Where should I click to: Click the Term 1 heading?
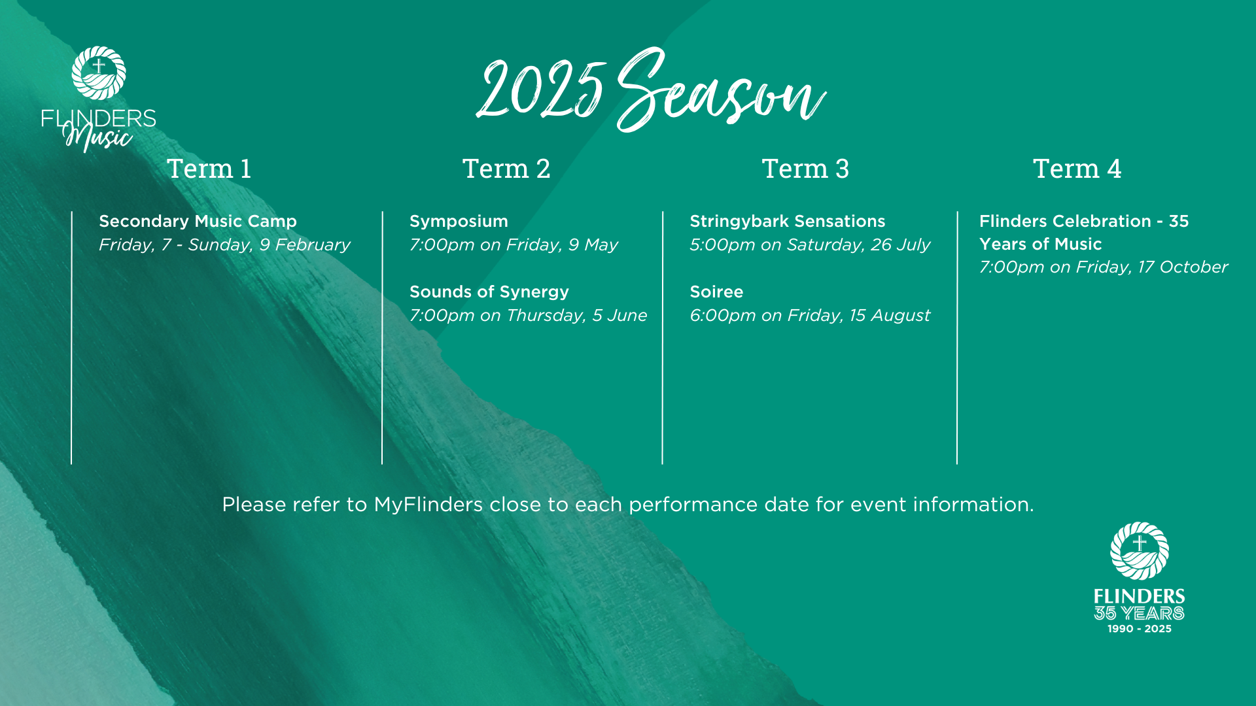[209, 169]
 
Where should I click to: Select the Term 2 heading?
[506, 169]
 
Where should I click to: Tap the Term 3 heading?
[805, 169]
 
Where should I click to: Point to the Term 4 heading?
[1077, 169]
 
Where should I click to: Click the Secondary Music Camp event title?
[198, 222]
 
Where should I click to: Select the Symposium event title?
[459, 222]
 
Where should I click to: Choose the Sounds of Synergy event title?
[489, 292]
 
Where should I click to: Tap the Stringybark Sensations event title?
[788, 222]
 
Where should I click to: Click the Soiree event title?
[716, 292]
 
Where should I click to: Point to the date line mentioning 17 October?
[1104, 267]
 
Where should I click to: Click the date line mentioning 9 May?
[514, 245]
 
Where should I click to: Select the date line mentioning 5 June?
[528, 316]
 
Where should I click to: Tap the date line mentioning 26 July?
[810, 245]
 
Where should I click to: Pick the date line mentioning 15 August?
[810, 316]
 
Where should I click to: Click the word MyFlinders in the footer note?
[428, 505]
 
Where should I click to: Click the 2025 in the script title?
[540, 90]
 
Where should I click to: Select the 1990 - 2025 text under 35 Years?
[1139, 629]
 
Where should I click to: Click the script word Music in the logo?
[98, 137]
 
